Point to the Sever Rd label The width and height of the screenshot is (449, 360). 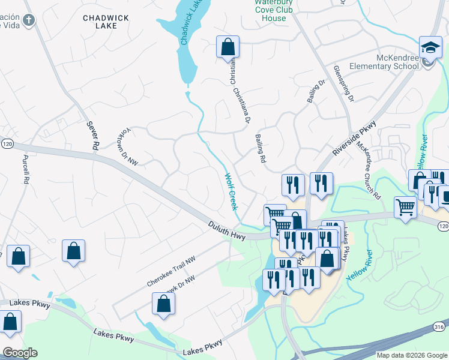(x=92, y=135)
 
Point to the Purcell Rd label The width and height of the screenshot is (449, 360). (x=25, y=170)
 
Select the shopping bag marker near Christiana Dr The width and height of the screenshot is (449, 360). (x=228, y=46)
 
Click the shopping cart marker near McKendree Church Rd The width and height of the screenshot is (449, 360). (x=406, y=208)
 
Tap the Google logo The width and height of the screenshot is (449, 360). (x=20, y=353)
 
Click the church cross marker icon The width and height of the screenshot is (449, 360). (x=31, y=19)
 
